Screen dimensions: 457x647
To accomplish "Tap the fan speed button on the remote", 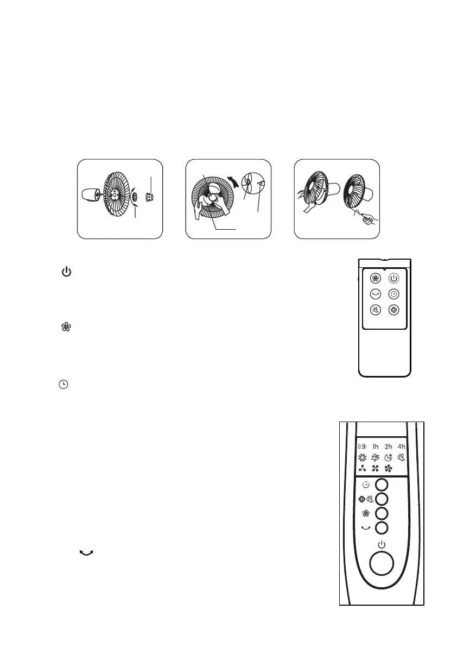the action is point(375,279).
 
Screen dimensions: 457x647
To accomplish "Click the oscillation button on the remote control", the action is point(375,294).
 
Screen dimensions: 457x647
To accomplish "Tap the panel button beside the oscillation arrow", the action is point(382,527).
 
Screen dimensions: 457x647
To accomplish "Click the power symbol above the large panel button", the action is point(382,544).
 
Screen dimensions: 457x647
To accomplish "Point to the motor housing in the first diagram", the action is point(89,194).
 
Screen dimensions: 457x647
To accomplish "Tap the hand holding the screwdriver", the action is point(370,221).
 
